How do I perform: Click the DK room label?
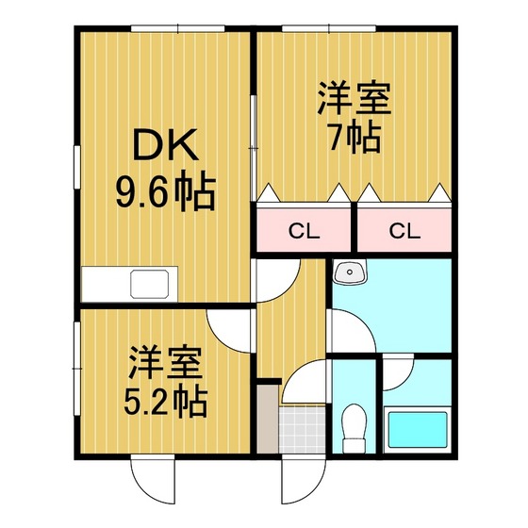click(165, 144)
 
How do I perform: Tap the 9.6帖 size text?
click(166, 190)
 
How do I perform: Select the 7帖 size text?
click(355, 138)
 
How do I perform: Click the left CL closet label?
click(304, 231)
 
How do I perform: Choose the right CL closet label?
click(404, 231)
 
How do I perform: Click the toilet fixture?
click(354, 428)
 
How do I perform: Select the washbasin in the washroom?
click(350, 272)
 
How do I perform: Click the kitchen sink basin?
click(150, 284)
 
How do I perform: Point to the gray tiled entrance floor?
click(302, 430)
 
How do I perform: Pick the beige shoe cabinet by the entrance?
click(268, 419)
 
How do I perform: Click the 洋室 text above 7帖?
click(355, 98)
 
